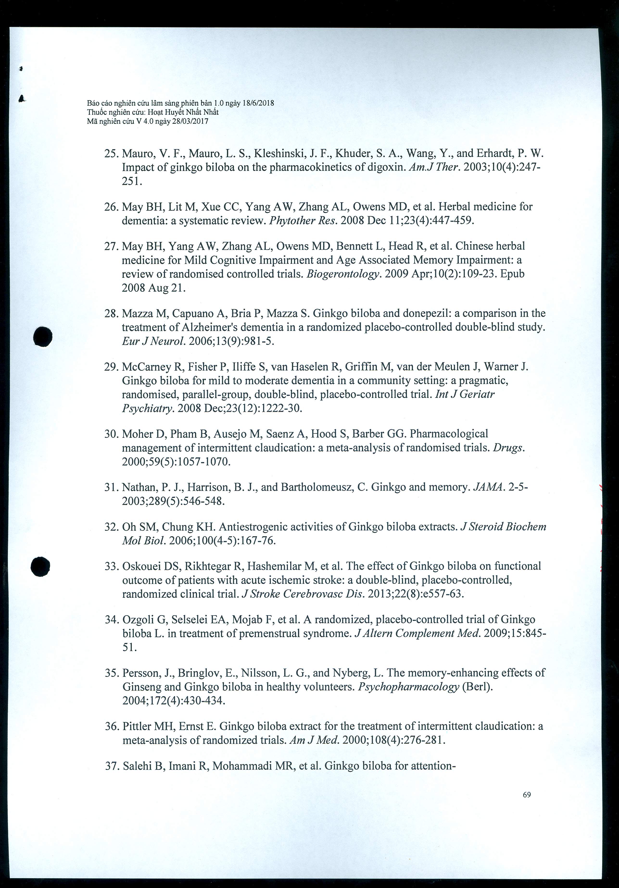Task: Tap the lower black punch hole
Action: (x=41, y=567)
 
